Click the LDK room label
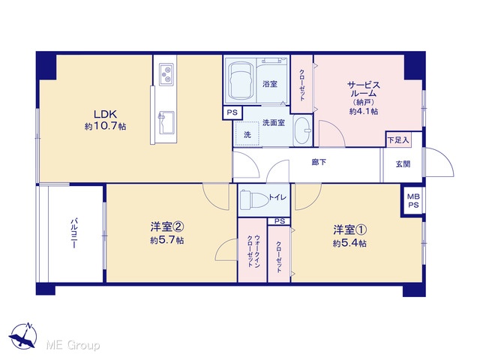pos(105,114)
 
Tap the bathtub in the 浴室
pos(240,80)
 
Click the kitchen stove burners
pos(166,74)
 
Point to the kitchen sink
pos(166,122)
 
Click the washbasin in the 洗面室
pos(303,130)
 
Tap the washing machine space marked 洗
pos(247,134)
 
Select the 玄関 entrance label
pos(403,164)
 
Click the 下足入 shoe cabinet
pos(398,140)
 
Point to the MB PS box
pos(413,201)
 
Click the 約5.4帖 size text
pos(349,243)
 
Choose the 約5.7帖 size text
pos(166,240)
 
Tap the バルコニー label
pos(73,233)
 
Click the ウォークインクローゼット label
pos(253,251)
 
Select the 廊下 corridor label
pos(319,162)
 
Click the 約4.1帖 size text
pos(364,111)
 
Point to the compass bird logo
pos(23,335)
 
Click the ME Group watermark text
pos(73,346)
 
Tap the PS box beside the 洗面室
pos(232,112)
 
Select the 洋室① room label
pos(350,229)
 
